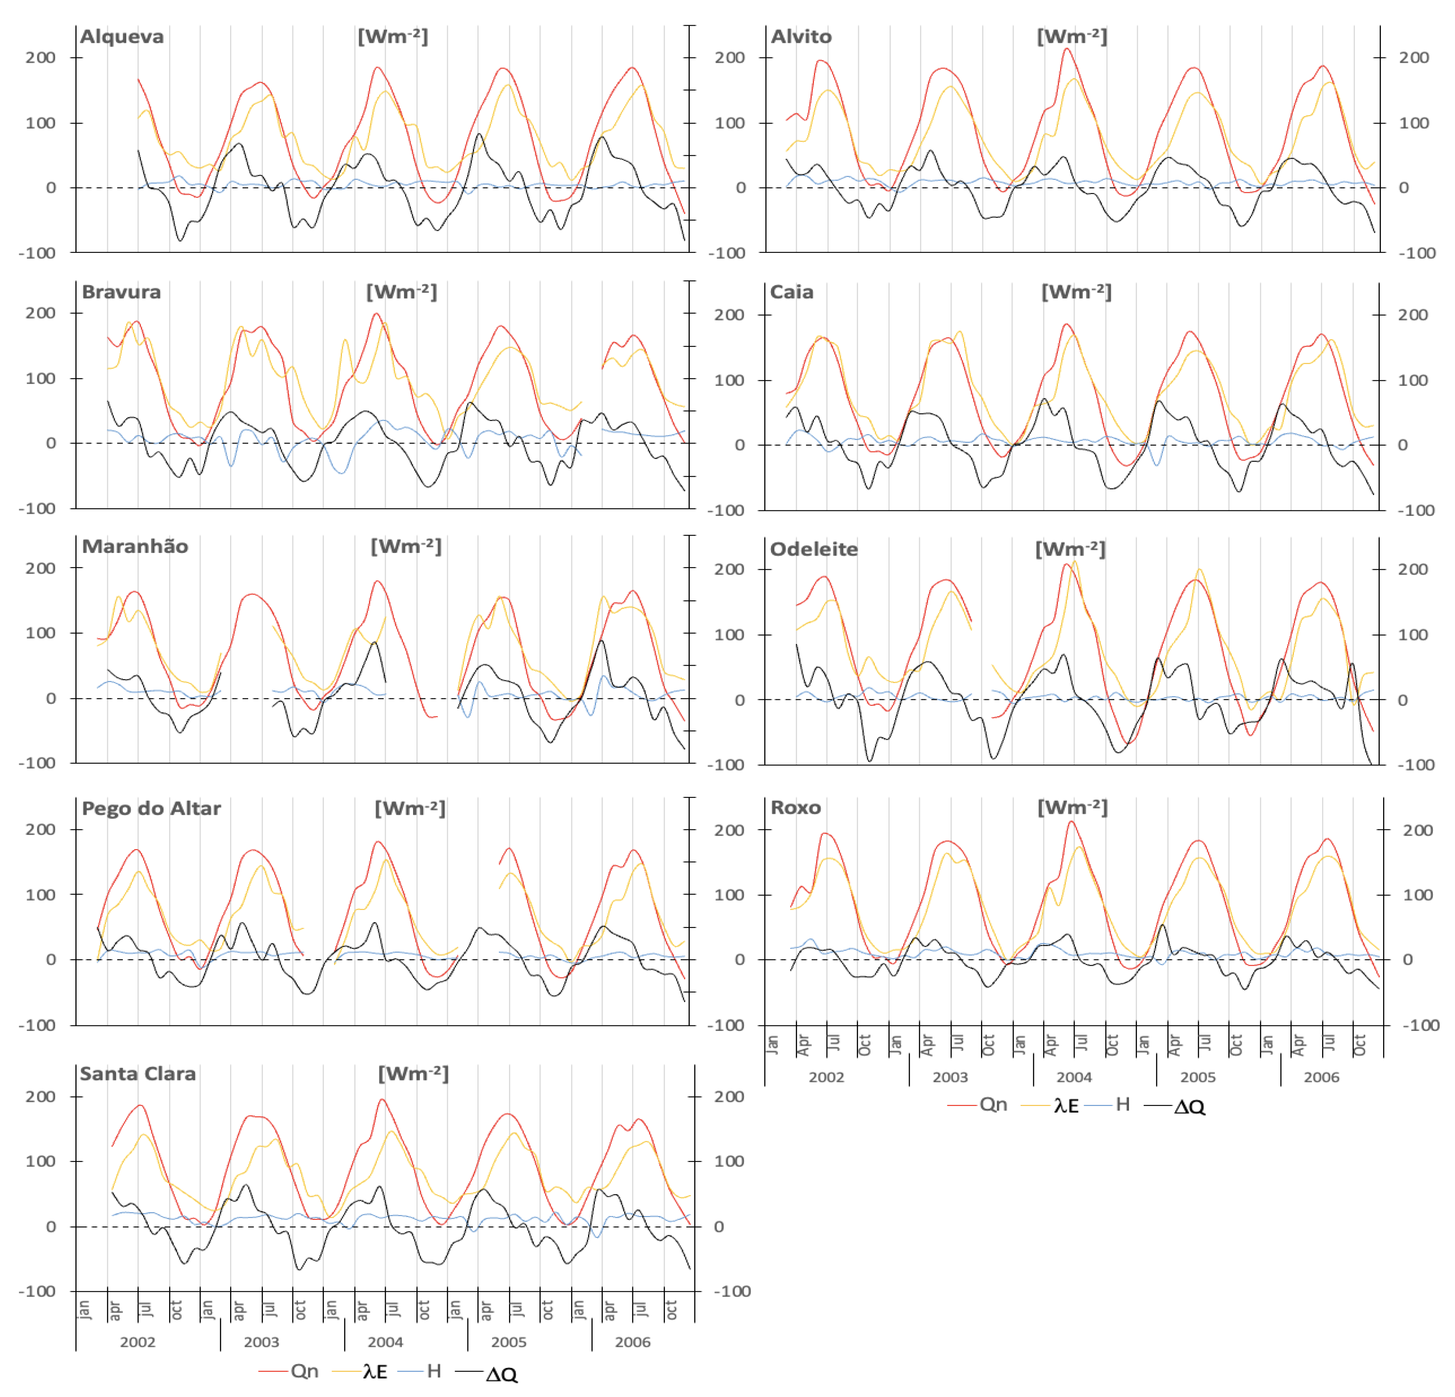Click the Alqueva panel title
pyautogui.click(x=122, y=36)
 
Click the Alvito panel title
pyautogui.click(x=801, y=36)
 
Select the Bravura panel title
pyautogui.click(x=121, y=292)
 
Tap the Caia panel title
pyautogui.click(x=791, y=292)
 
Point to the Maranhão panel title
pyautogui.click(x=134, y=547)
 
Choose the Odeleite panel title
pyautogui.click(x=814, y=550)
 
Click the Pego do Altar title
pyautogui.click(x=151, y=809)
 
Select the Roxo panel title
pyautogui.click(x=795, y=808)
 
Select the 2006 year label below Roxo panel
pyautogui.click(x=1321, y=1077)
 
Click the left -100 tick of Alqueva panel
pyautogui.click(x=37, y=253)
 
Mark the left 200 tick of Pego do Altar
pyautogui.click(x=40, y=830)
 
